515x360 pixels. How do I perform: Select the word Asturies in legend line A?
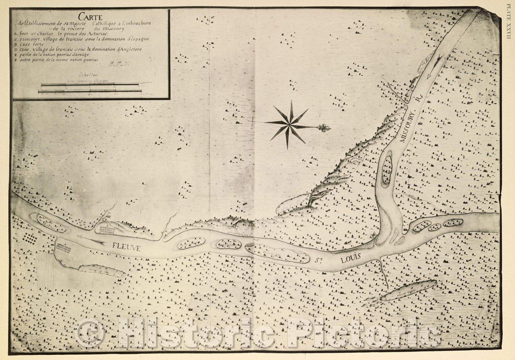click(x=100, y=33)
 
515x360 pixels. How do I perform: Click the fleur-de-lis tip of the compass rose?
click(x=323, y=128)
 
